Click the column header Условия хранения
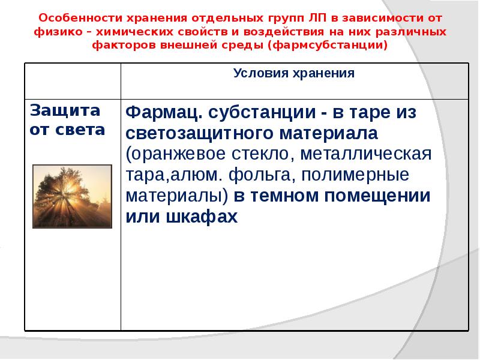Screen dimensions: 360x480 click(x=293, y=73)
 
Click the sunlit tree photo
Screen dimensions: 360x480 click(x=72, y=197)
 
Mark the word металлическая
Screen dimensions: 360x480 click(x=365, y=154)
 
